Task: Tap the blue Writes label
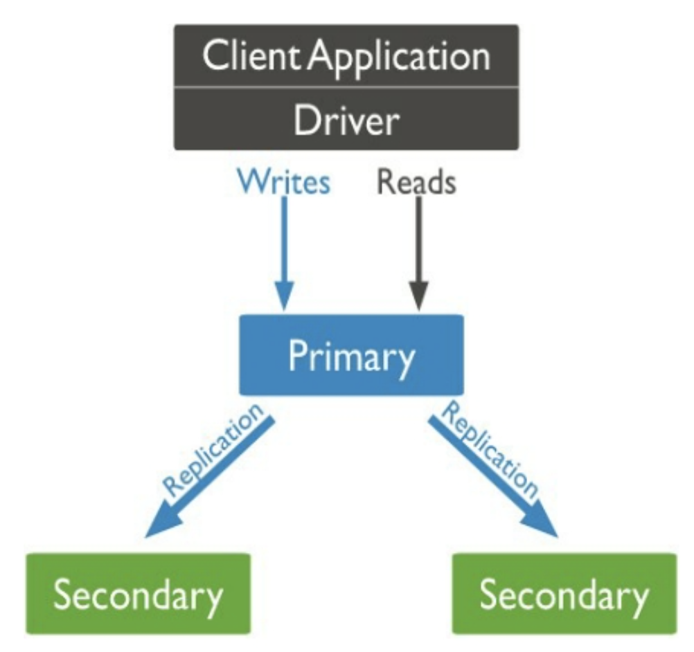coord(284,182)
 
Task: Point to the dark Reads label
coord(416,182)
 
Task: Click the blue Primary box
coord(351,355)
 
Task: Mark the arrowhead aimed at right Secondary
coord(541,521)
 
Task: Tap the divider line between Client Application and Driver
coord(346,87)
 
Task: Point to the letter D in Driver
coord(305,120)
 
